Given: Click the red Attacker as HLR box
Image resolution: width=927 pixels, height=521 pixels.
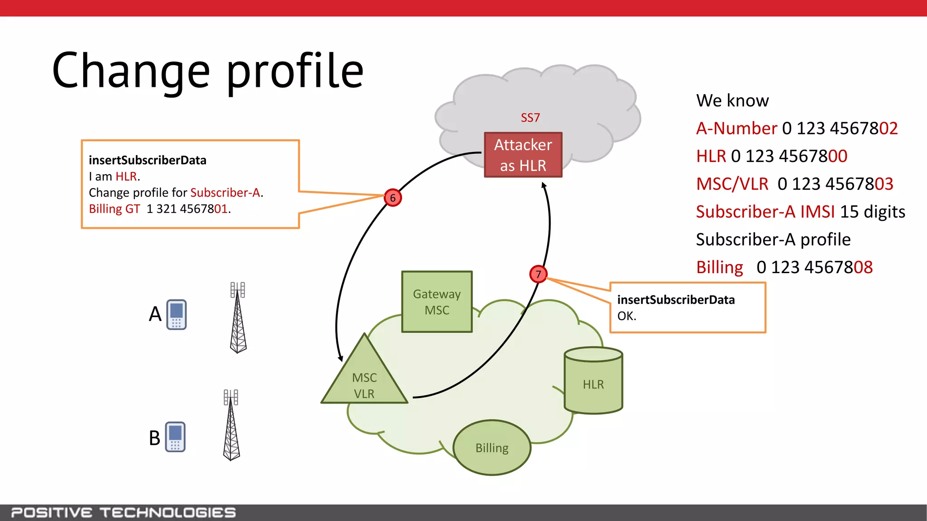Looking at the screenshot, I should click(523, 155).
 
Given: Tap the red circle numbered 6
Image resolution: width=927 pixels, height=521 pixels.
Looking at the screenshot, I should click(392, 198).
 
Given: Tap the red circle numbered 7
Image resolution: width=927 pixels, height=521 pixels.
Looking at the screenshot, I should click(538, 274).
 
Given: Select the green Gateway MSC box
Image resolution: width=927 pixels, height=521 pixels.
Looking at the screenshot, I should click(437, 302).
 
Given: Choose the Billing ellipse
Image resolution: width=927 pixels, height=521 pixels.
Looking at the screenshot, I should click(492, 447).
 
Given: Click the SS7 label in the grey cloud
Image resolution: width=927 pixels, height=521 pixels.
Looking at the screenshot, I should click(530, 118).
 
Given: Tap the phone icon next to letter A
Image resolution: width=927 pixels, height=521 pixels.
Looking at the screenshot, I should click(177, 314).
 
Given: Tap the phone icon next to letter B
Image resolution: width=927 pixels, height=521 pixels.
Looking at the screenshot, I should click(175, 436).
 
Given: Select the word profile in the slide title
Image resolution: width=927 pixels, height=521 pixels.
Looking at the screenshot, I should click(295, 71).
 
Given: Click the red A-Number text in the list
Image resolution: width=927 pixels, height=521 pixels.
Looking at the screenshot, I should click(736, 128).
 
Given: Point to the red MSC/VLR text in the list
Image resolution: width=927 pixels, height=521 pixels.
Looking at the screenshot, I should click(732, 184).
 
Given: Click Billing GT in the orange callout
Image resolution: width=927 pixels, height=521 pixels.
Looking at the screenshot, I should click(114, 209).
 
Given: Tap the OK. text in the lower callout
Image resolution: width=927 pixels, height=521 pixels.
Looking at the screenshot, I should click(626, 316).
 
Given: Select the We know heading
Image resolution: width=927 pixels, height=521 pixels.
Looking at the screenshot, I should click(732, 100).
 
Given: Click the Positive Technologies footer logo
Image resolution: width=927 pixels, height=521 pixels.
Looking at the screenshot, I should click(123, 512).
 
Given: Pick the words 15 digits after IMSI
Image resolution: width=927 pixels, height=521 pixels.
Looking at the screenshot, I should click(872, 212).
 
